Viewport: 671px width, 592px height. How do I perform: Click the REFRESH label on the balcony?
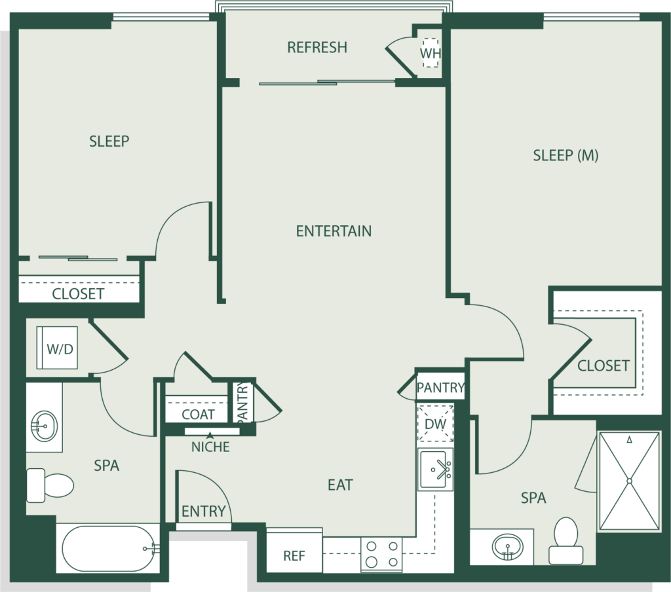tap(317, 47)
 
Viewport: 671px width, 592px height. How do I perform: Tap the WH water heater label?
tap(430, 54)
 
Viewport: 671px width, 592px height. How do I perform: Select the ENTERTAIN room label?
tap(334, 231)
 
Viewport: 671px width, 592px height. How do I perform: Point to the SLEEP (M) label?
tap(566, 155)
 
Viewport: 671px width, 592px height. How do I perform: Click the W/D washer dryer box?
tap(57, 348)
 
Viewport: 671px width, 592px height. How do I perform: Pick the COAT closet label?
tap(198, 414)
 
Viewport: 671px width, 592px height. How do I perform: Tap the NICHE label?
tap(210, 447)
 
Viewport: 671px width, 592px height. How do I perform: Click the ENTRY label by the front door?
tap(203, 511)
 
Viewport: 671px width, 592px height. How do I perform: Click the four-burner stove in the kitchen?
tap(382, 554)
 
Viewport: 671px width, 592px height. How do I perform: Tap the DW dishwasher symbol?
tap(435, 424)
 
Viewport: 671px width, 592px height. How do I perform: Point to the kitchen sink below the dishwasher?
tap(436, 470)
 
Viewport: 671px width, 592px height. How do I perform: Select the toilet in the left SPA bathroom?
tap(50, 485)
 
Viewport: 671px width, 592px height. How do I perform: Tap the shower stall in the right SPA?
tap(629, 481)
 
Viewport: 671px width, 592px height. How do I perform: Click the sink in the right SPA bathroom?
tap(508, 547)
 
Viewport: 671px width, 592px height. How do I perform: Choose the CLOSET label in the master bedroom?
tap(604, 365)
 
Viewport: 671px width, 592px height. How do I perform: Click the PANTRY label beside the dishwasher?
tap(440, 388)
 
